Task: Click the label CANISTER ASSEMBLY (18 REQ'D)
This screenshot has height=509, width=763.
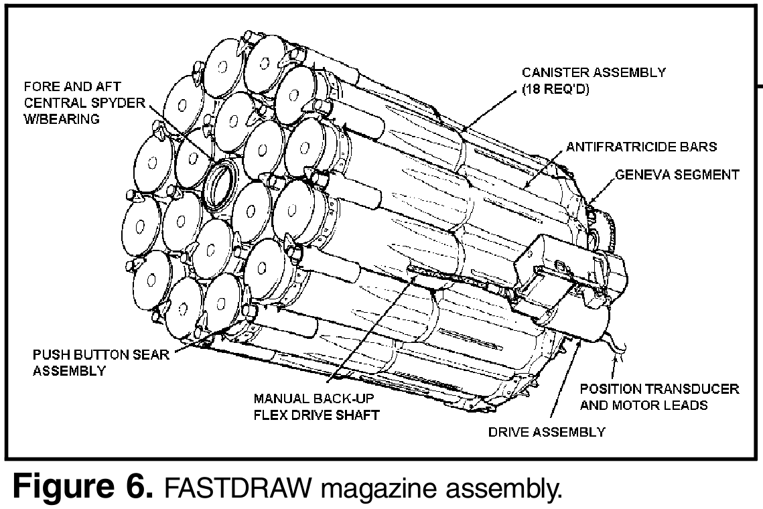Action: click(594, 80)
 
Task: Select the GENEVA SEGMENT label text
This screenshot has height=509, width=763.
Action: click(677, 175)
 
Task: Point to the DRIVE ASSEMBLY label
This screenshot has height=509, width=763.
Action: click(546, 431)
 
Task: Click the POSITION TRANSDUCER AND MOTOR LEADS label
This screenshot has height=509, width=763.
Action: click(659, 397)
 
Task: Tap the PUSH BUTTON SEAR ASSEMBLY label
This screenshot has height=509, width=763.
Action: click(100, 362)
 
